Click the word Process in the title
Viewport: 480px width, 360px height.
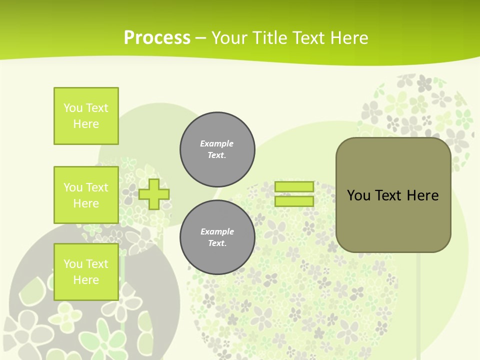point(157,38)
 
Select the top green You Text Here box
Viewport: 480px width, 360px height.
point(86,116)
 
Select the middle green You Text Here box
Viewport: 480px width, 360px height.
point(86,195)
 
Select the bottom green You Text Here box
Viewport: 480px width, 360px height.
point(86,272)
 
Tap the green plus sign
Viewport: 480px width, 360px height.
point(154,194)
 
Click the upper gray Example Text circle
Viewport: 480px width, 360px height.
point(217,149)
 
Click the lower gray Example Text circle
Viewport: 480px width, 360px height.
point(217,237)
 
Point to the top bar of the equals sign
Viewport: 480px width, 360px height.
point(294,186)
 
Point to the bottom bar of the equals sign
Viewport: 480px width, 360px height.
point(294,201)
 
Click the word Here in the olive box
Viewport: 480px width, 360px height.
point(422,195)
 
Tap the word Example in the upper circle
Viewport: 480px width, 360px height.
point(216,143)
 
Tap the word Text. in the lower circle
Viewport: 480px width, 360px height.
point(217,243)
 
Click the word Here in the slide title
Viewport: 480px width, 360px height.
point(350,38)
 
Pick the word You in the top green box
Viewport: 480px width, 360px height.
point(72,108)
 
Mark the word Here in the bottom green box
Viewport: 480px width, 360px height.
point(86,280)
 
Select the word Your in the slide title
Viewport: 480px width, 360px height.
point(228,38)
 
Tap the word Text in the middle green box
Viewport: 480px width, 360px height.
point(97,187)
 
